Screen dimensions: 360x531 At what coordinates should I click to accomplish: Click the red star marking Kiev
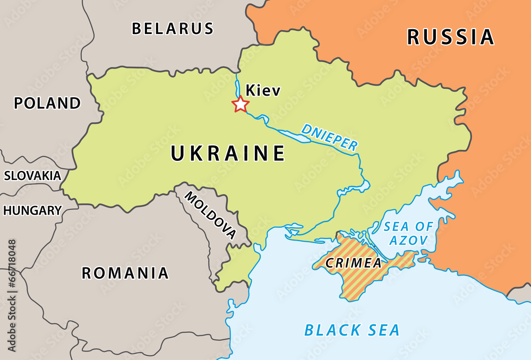click(x=241, y=105)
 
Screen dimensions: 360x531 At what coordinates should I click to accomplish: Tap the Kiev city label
click(x=263, y=91)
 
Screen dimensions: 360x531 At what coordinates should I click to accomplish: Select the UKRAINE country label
click(x=228, y=153)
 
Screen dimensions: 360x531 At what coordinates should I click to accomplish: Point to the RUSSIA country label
click(x=450, y=37)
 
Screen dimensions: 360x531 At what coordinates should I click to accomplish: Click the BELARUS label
click(x=173, y=28)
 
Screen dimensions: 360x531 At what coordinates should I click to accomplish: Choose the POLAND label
click(x=47, y=103)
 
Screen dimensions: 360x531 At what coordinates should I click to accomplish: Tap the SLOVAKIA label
click(x=32, y=176)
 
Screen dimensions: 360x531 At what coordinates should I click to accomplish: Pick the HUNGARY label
click(x=32, y=210)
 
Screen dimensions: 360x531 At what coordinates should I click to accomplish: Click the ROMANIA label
click(x=125, y=273)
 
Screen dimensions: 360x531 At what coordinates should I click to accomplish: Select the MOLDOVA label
click(x=210, y=214)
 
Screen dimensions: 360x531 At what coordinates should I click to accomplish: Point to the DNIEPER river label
click(x=329, y=138)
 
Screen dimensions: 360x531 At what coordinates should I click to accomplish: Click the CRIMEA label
click(x=354, y=263)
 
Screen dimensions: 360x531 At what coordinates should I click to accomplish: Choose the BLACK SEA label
click(x=352, y=330)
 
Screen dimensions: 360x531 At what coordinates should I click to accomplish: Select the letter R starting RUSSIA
click(x=415, y=37)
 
